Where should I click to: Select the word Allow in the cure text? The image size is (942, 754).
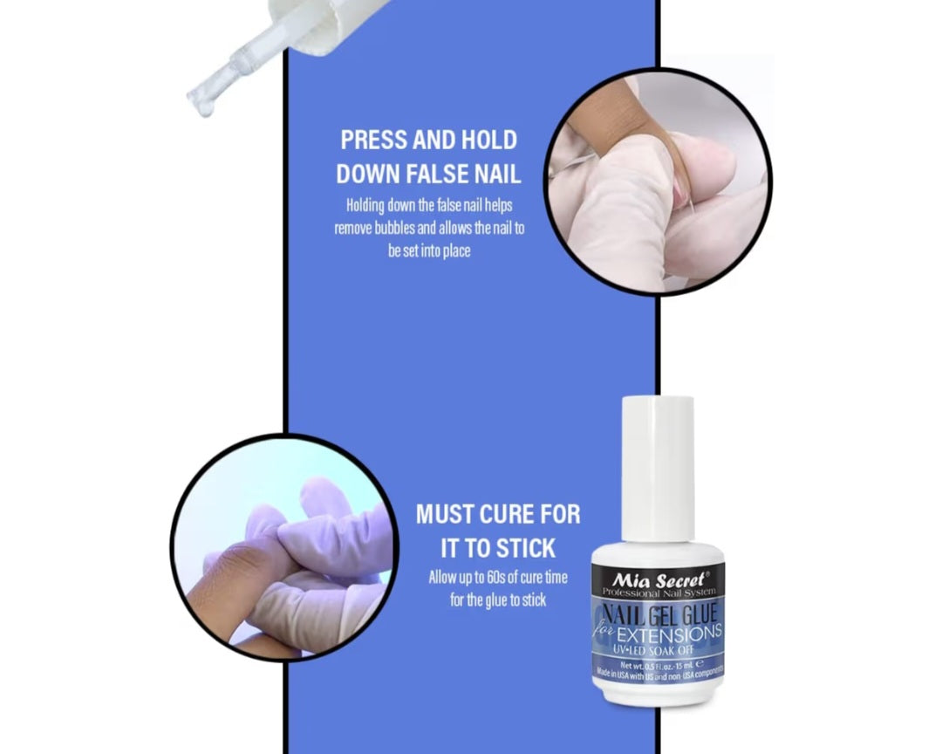443,578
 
